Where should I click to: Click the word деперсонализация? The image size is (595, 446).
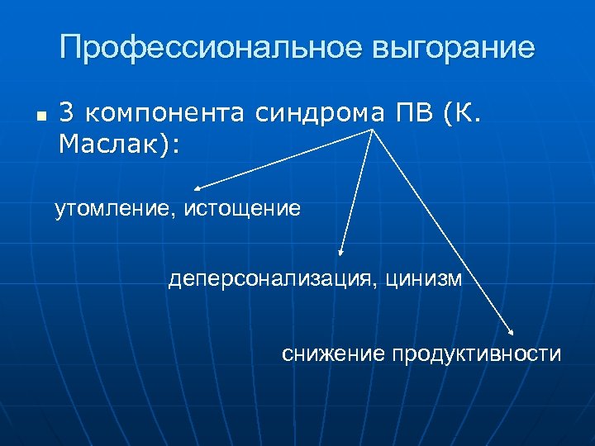click(270, 278)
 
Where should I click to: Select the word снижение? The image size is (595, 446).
click(333, 354)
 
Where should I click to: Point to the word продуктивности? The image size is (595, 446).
click(477, 354)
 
